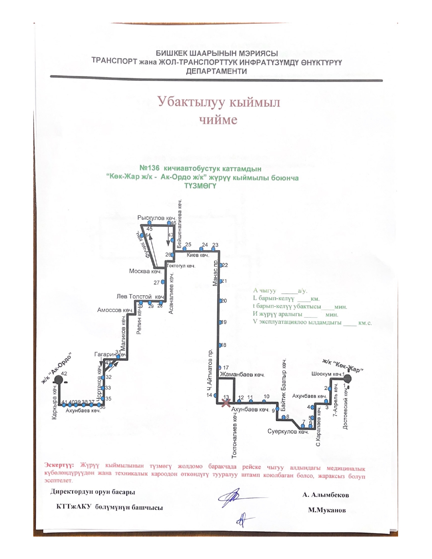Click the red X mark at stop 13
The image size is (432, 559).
226,402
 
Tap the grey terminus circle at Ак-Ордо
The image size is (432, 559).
59,379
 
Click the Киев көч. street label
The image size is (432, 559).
198,255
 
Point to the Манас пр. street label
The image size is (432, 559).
215,273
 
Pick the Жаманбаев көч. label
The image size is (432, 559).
242,375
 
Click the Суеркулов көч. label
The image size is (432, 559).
288,432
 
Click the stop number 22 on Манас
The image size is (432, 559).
225,265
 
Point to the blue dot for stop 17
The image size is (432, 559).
220,368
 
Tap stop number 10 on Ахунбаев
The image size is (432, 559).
267,396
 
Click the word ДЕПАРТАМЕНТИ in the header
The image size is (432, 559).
216,71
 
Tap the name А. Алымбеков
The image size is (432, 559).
326,495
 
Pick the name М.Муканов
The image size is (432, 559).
327,510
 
